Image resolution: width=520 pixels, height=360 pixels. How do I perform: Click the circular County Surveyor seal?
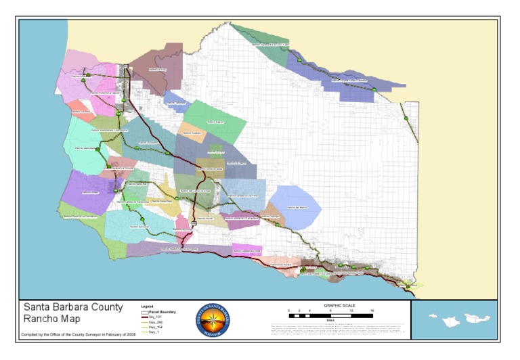(x=213, y=319)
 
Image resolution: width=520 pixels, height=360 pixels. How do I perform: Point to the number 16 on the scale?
(x=372, y=310)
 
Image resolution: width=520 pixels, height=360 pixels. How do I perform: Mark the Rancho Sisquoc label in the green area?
(x=215, y=122)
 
